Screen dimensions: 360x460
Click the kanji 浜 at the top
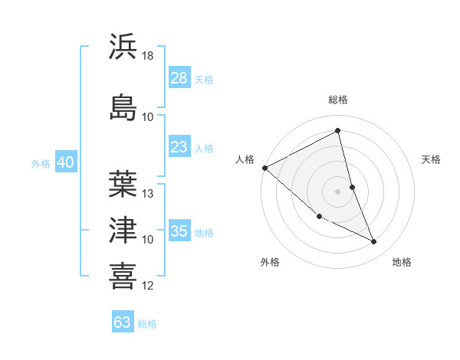coord(123,47)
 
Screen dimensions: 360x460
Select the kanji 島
coord(123,106)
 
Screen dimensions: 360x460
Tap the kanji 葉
coord(123,183)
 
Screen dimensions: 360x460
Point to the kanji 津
coord(123,230)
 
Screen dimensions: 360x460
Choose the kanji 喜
coord(123,276)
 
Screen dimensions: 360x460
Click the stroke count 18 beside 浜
coord(148,56)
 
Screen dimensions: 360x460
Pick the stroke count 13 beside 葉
coord(148,193)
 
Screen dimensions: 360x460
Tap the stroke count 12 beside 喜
coord(148,286)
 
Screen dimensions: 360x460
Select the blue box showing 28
coord(179,78)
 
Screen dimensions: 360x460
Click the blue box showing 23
coord(179,147)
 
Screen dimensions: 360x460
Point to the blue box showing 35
coord(179,231)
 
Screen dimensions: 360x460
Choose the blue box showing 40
coord(65,162)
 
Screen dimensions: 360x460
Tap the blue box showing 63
coord(122,322)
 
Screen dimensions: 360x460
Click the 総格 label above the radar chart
coord(338,100)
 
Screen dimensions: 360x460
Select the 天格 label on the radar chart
coord(431,159)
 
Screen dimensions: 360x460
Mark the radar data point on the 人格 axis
coord(264,168)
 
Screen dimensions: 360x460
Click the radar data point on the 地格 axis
coord(374,242)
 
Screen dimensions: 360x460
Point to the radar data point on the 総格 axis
coord(338,131)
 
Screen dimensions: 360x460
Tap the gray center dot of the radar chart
coord(338,191)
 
